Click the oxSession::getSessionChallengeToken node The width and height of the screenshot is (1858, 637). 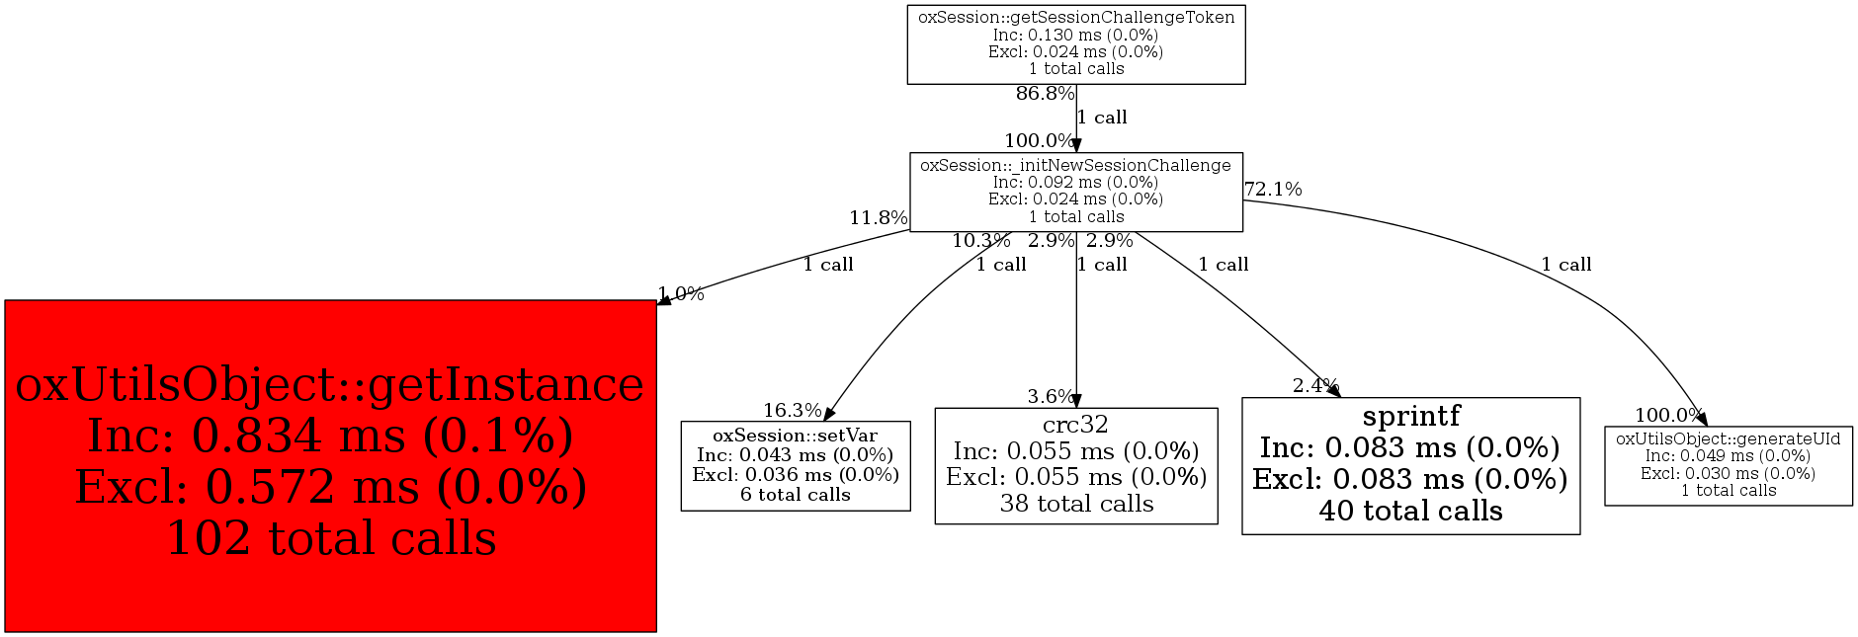pos(1076,44)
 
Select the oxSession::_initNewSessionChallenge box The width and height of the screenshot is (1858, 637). pos(1076,192)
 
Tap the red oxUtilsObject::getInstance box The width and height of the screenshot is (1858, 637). pos(330,465)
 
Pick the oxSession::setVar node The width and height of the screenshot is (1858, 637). pos(796,466)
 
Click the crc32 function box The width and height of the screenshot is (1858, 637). pos(1076,466)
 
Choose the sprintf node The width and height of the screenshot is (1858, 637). pos(1410,466)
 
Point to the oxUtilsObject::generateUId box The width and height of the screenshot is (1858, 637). pos(1729,466)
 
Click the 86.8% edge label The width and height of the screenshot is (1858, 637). pos(1045,94)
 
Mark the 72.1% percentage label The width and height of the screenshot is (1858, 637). pos(1273,190)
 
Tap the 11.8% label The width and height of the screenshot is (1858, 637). pos(878,218)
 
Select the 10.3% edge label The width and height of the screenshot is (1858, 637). pos(980,241)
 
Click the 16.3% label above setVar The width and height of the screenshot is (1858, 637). pos(792,411)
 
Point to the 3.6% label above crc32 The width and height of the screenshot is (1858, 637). pos(1050,397)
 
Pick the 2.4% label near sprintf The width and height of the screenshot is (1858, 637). pos(1315,386)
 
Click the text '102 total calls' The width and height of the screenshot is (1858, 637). pos(331,538)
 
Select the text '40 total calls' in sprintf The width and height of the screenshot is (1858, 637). pos(1410,511)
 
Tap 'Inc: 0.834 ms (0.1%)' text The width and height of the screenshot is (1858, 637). pos(330,436)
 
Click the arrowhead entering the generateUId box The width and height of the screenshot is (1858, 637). pos(1701,420)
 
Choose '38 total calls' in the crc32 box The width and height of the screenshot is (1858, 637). pos(1076,504)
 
